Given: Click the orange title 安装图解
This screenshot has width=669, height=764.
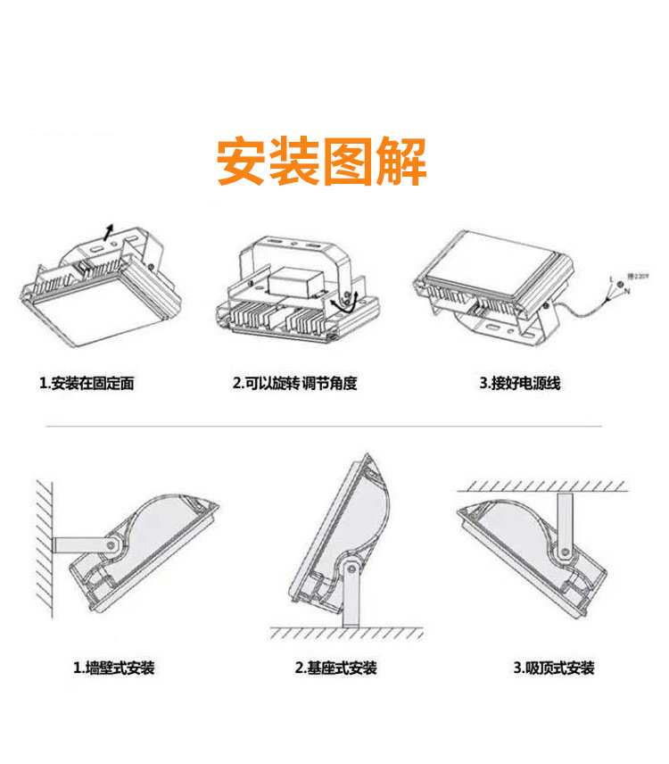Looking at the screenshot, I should click(322, 162).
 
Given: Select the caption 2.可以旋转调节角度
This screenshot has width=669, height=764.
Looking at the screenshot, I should click(295, 384).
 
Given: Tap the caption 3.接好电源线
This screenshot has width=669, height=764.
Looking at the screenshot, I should click(519, 384).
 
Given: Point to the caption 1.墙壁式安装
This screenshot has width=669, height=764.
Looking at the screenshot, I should click(113, 668).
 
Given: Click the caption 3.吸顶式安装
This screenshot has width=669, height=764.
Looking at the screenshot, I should click(553, 668).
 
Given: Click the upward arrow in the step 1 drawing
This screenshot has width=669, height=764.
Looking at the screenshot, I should click(108, 230).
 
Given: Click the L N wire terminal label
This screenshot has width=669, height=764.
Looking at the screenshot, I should click(613, 285).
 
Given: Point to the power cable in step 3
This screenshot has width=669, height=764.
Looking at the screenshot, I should click(584, 303).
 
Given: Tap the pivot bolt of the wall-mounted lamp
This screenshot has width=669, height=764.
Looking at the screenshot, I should click(111, 543).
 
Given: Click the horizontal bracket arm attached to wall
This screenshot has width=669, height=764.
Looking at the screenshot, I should click(78, 544).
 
